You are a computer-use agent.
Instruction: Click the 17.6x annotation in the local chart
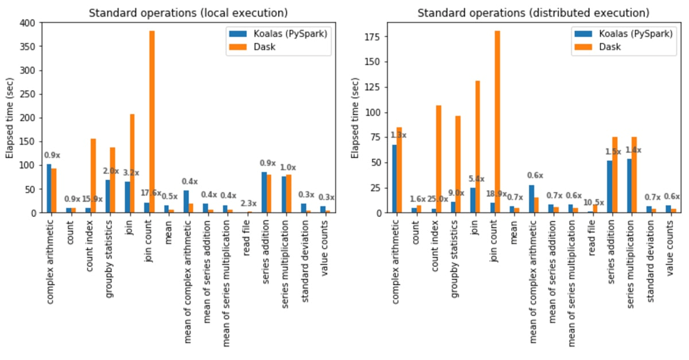click(x=150, y=193)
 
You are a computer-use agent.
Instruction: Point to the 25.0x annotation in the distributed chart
click(x=437, y=199)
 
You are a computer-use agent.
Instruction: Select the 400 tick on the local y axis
click(x=29, y=23)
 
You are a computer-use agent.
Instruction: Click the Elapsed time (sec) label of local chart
click(x=9, y=118)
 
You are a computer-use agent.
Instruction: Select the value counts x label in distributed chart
click(x=669, y=247)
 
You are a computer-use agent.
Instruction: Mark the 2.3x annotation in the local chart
click(x=248, y=203)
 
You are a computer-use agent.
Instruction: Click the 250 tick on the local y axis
click(x=29, y=94)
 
